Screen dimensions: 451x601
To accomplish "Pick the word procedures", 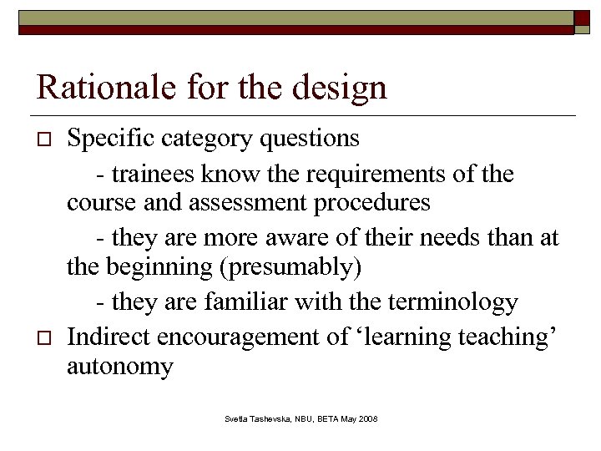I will tap(376, 202).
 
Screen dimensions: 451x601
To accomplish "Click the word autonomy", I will tap(120, 366).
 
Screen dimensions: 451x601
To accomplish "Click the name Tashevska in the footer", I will tap(270, 418).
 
